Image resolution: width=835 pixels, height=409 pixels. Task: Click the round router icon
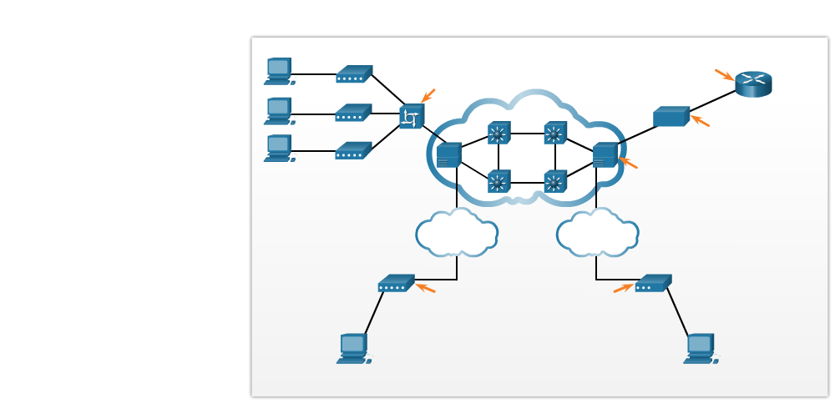tap(753, 83)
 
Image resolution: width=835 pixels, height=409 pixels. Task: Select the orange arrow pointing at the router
tap(724, 75)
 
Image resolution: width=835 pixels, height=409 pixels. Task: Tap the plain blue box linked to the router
tap(671, 117)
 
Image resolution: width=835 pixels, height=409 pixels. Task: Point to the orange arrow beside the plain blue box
tap(700, 121)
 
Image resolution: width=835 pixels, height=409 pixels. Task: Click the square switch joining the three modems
tap(412, 116)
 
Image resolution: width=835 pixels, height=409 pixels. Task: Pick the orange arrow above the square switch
tap(428, 95)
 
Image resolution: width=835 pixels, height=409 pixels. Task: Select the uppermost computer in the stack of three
tap(279, 71)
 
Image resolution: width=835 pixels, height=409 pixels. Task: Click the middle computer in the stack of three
tap(279, 110)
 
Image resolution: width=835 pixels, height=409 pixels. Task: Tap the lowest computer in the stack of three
tap(279, 148)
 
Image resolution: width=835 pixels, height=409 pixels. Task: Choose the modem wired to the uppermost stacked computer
tap(354, 74)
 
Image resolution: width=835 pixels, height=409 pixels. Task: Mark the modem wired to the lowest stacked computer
tap(353, 151)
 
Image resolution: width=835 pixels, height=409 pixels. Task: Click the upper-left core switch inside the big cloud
tap(498, 133)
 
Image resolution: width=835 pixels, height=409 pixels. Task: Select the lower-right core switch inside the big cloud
tap(555, 181)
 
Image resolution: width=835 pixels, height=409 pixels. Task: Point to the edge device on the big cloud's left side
tap(448, 155)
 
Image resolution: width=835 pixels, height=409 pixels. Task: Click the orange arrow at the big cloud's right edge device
tap(627, 163)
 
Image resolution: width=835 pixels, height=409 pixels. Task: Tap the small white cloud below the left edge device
tap(457, 234)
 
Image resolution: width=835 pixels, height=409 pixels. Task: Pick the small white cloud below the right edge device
tap(597, 234)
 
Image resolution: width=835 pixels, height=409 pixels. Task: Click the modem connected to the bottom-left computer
tap(396, 284)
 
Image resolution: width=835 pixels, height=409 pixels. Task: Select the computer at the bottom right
tap(700, 348)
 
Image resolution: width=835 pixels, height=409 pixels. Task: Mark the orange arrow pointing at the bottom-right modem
tap(623, 288)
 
